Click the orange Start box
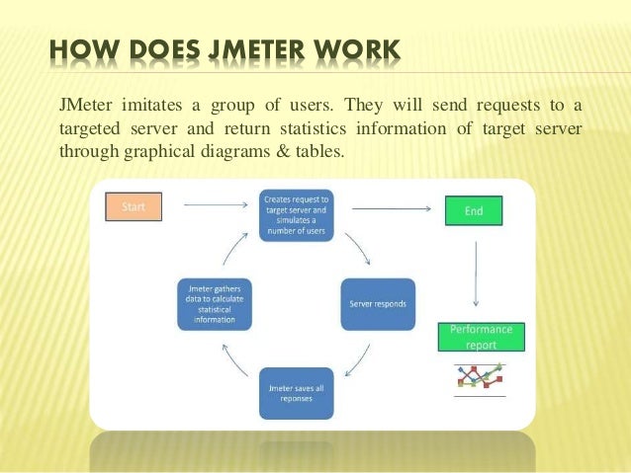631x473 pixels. pyautogui.click(x=133, y=207)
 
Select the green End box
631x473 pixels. pyautogui.click(x=473, y=210)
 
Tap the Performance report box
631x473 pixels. pyautogui.click(x=481, y=336)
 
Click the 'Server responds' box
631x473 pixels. pyautogui.click(x=378, y=303)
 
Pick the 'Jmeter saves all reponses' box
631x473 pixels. pyautogui.click(x=296, y=394)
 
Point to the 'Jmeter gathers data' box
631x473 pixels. pyautogui.click(x=214, y=303)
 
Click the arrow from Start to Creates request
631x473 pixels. pyautogui.click(x=216, y=205)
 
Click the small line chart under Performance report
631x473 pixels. pyautogui.click(x=480, y=377)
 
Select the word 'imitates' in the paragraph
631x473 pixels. pyautogui.click(x=151, y=106)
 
